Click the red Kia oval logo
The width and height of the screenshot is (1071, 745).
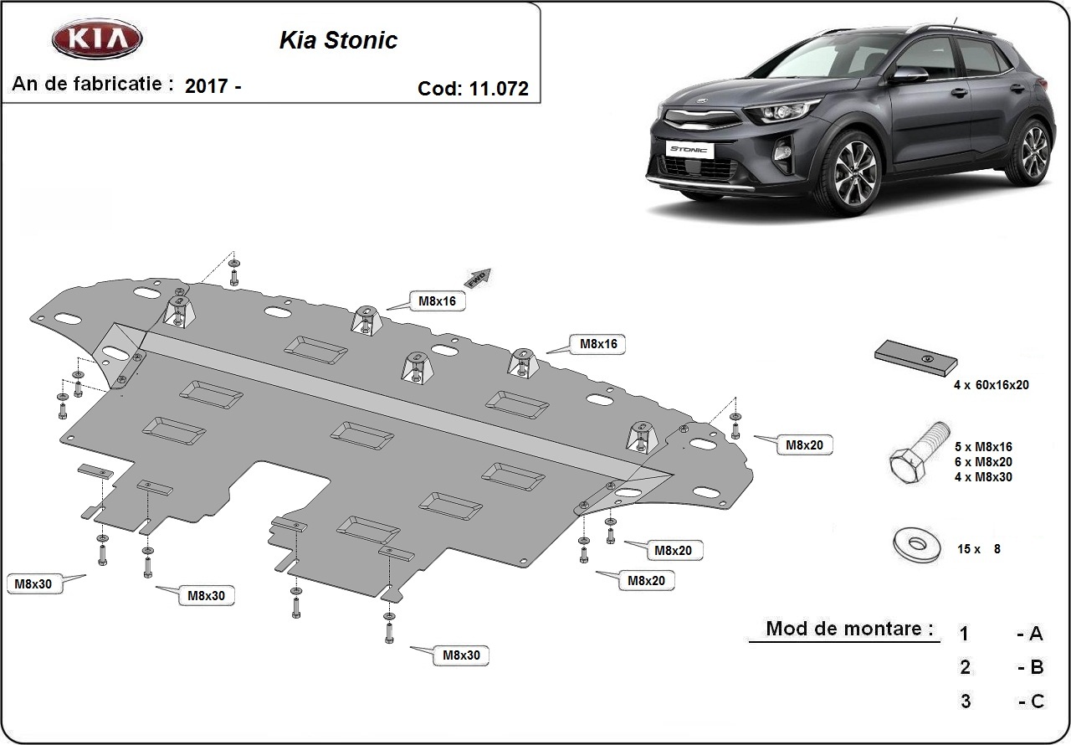pos(97,39)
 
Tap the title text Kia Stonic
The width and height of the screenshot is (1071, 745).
pos(338,41)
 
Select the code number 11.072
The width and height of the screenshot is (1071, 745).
pos(497,89)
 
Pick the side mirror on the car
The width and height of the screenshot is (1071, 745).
pos(909,75)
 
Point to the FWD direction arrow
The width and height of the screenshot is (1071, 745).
pos(478,278)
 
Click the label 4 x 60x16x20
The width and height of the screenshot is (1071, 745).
pos(991,385)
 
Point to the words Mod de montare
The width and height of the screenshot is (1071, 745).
pos(848,629)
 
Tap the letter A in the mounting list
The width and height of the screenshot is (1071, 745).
pos(1036,634)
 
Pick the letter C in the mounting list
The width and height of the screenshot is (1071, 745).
pos(1037,701)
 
